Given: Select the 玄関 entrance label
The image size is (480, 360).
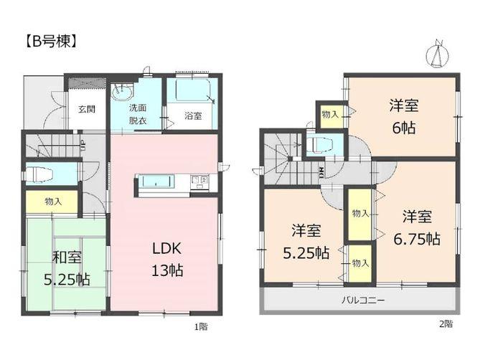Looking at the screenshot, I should pos(86,109).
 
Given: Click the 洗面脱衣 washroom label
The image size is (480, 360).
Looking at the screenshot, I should pos(137,115).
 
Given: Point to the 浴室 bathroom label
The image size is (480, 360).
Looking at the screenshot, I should pos(192,115).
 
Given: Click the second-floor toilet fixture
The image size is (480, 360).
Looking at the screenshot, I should pos(321,146).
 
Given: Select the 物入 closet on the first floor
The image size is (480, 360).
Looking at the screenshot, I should pos(52,202).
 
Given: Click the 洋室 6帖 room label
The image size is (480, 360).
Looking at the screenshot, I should pos(404,115).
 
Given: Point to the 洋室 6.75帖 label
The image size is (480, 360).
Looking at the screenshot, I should pos(416,227).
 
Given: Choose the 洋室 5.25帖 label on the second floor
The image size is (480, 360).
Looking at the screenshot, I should pos(306,242).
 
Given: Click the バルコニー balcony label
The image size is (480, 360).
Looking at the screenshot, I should pos(362,299).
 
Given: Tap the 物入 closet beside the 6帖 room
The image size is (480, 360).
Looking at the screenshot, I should pos(330,115).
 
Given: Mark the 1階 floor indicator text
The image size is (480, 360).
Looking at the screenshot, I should pos(201,326).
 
